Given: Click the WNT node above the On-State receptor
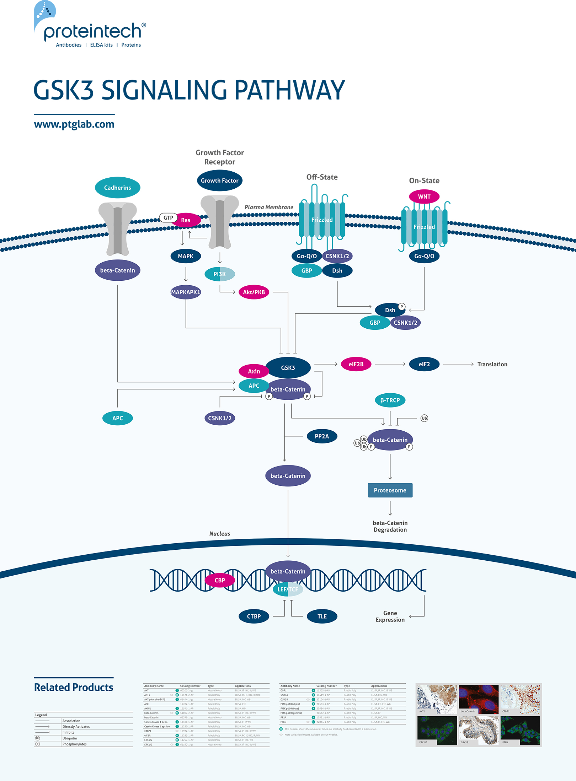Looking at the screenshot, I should click(x=424, y=196).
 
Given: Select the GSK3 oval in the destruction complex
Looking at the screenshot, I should click(x=288, y=367).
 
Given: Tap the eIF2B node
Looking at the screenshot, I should click(x=356, y=364).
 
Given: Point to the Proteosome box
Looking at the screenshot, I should click(x=390, y=490).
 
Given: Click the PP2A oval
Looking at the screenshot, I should click(x=322, y=436).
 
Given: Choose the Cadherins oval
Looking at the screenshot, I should click(x=117, y=188).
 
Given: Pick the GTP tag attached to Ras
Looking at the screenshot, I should click(x=168, y=217).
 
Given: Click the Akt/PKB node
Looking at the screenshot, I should click(x=254, y=292).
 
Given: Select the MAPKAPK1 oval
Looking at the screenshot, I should click(x=186, y=292).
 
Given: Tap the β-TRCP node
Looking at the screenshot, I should click(x=390, y=400).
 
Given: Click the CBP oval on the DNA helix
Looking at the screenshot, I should click(x=220, y=580).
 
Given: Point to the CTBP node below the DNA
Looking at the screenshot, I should click(x=254, y=616).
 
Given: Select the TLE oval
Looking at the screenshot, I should click(x=322, y=616).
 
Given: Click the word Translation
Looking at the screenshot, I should click(x=492, y=364).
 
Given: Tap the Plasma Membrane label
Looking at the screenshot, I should click(x=269, y=207).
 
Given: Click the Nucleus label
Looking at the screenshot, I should click(x=220, y=533).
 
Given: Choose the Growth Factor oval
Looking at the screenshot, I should click(x=220, y=181).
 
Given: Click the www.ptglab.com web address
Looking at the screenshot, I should click(x=74, y=124).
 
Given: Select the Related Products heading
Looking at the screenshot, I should click(x=74, y=687).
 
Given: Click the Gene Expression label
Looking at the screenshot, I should click(x=390, y=616).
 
